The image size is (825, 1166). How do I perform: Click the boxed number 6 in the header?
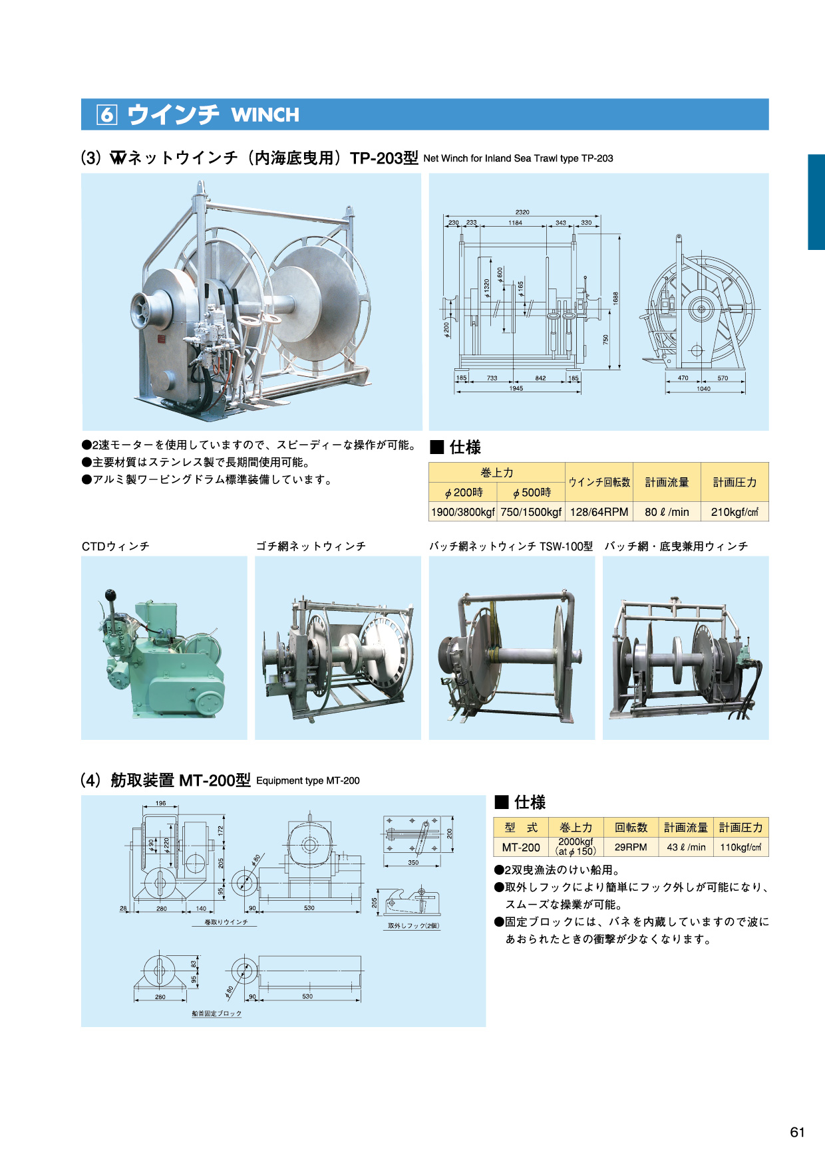(x=106, y=115)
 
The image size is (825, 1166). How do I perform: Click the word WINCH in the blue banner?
(x=265, y=115)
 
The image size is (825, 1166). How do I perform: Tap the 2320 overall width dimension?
(x=522, y=212)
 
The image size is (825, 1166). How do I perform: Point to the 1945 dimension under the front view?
(x=516, y=388)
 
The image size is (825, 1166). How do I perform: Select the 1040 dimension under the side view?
(x=703, y=389)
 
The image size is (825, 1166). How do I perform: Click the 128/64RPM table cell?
(x=599, y=512)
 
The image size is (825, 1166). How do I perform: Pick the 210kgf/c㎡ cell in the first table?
(x=735, y=512)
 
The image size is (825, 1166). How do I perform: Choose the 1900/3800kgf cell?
(x=463, y=512)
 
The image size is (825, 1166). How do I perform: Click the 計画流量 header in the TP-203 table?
(x=667, y=482)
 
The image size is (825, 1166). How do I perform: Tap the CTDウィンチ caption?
(x=116, y=546)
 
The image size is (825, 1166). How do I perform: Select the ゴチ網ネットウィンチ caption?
(x=311, y=546)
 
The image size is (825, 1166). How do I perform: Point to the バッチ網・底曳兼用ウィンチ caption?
(x=676, y=546)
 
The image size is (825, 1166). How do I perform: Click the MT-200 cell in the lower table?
(x=521, y=847)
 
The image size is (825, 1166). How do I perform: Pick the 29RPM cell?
(x=631, y=847)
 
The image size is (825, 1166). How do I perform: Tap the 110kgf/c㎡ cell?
(x=741, y=847)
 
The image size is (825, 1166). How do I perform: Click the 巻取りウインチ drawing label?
(x=226, y=923)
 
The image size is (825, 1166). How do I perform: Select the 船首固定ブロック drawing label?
(x=217, y=1014)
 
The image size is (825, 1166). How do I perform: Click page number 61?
(x=798, y=1132)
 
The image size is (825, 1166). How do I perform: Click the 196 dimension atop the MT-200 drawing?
(x=161, y=803)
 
